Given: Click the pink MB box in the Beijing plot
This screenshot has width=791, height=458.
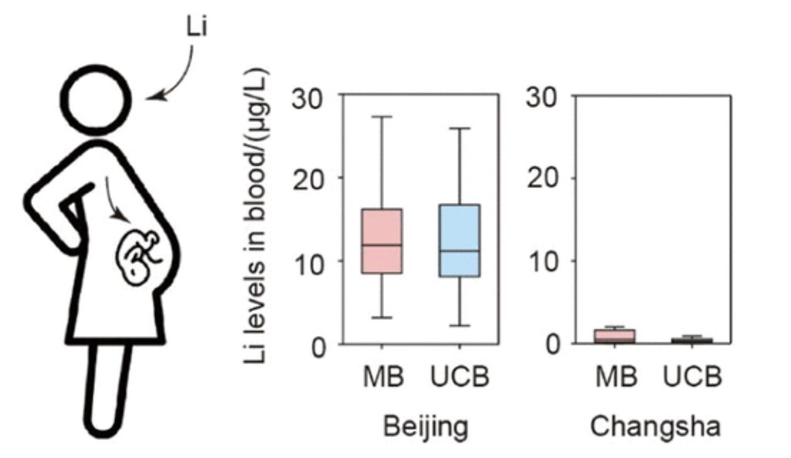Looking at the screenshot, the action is (382, 241).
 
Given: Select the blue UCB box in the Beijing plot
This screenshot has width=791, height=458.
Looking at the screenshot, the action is (460, 241).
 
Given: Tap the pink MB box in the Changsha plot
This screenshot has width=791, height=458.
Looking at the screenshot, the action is (614, 336).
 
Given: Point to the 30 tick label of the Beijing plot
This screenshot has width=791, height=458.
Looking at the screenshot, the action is (307, 98).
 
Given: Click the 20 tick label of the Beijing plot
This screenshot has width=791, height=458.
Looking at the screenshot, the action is (307, 180).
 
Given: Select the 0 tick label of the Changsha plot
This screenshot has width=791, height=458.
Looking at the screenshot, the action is (552, 345).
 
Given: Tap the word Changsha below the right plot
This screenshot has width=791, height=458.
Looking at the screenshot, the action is (655, 426).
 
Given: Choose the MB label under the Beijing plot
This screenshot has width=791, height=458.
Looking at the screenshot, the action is (383, 376).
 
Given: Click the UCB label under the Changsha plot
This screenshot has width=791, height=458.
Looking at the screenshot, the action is (692, 376).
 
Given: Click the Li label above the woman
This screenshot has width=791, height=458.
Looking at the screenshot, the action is (196, 27).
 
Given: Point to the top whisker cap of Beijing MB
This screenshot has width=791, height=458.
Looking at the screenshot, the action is (382, 117).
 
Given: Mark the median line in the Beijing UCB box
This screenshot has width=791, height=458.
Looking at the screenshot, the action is (460, 251).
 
